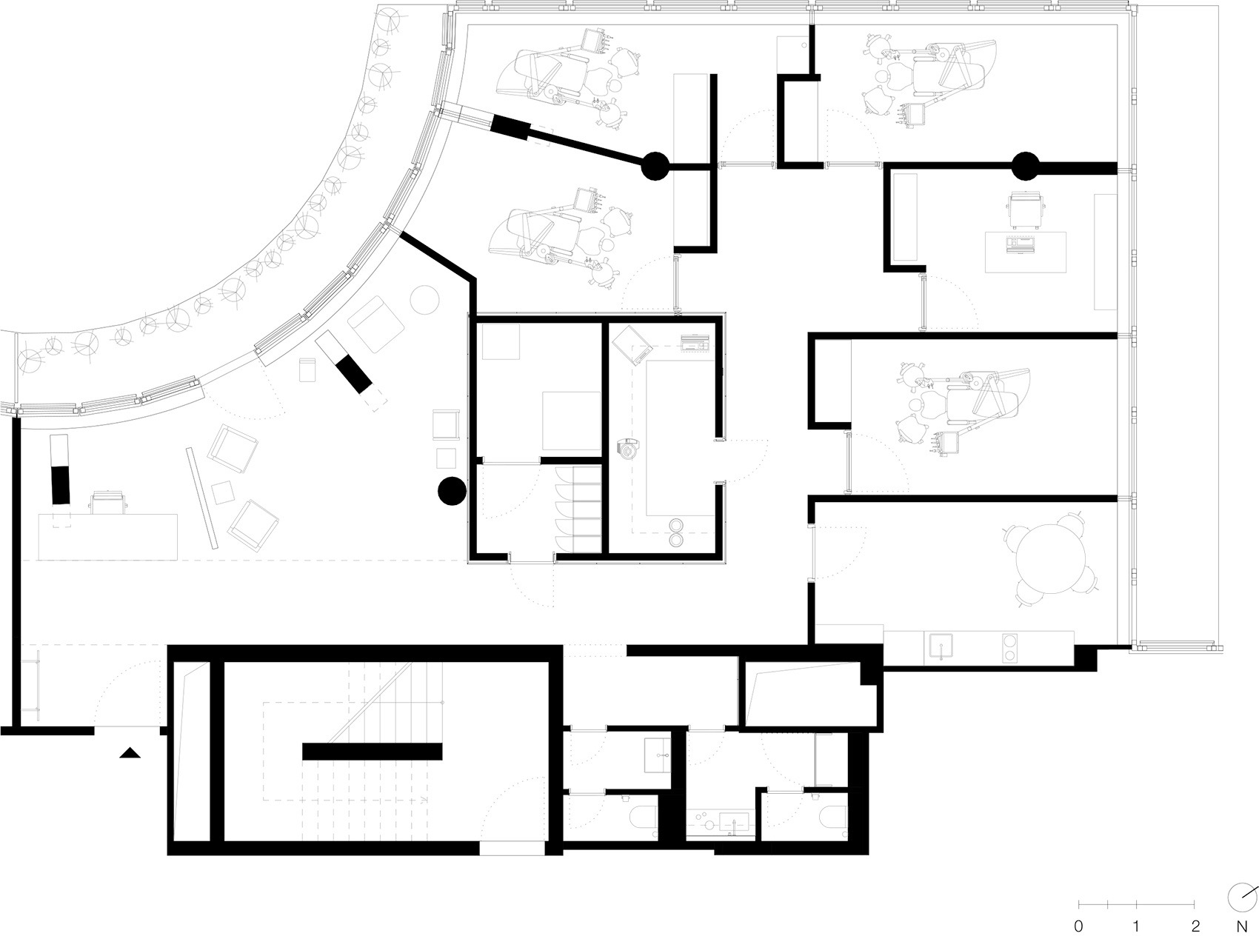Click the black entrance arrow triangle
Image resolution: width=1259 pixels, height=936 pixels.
point(130,754)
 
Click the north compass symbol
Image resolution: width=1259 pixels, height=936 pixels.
point(1240,897)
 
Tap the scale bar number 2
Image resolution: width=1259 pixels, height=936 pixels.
point(1195,926)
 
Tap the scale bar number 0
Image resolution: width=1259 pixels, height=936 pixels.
point(1078,926)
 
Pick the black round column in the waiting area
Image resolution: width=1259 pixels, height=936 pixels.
point(451,491)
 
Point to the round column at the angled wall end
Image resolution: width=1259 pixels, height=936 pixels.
point(654,167)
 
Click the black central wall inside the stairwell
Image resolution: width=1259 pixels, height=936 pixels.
point(372,752)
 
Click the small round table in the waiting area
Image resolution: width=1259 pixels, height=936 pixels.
point(425,300)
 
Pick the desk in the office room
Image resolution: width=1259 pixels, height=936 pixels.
point(1026,252)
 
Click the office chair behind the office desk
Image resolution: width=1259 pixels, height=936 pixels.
point(1027,209)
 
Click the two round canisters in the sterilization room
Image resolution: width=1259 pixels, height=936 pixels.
point(676,532)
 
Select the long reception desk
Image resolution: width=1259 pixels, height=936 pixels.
point(108,537)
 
